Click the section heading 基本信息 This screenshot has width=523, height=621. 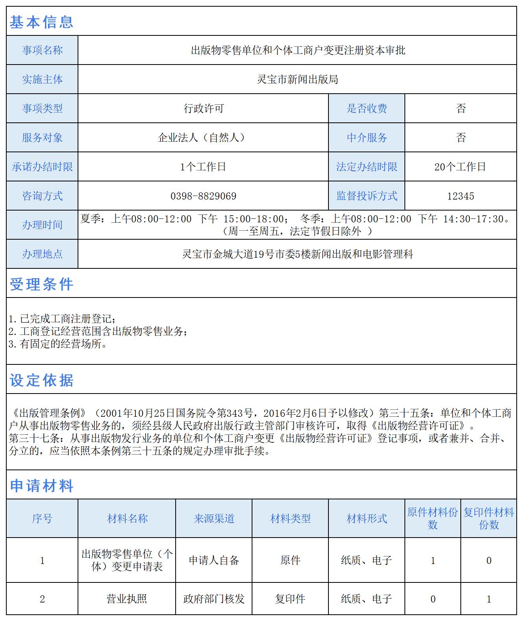click(41, 22)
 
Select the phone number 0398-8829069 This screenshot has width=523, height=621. click(203, 196)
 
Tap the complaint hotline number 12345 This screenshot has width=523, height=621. click(460, 196)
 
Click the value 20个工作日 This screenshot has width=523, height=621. click(460, 167)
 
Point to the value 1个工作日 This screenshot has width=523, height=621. click(203, 167)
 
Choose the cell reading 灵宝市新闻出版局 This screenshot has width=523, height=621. click(297, 79)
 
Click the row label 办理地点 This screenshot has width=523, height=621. click(42, 254)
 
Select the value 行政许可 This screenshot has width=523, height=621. click(203, 109)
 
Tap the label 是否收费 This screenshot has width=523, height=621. click(367, 109)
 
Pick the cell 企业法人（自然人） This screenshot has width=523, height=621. click(203, 138)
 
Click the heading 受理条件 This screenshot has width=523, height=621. click(41, 284)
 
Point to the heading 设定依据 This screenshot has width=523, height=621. click(41, 380)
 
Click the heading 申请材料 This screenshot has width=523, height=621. click(41, 486)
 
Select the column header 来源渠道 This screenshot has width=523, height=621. click(214, 519)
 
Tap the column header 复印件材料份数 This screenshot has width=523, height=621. click(489, 519)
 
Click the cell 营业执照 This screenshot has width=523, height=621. click(127, 599)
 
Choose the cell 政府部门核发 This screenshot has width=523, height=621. click(214, 599)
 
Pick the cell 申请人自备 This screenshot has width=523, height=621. click(214, 560)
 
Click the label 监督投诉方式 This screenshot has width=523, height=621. click(367, 196)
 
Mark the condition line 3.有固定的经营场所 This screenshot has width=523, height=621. click(58, 344)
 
